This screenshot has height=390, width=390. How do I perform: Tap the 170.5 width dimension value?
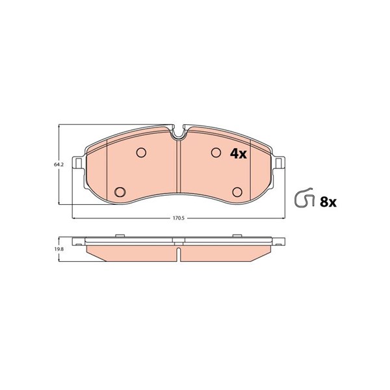[x=178, y=218]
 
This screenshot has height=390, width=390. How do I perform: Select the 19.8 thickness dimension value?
[x=57, y=249]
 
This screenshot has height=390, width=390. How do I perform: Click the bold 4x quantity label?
[x=238, y=153]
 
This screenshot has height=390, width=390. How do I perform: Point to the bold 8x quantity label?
[x=328, y=202]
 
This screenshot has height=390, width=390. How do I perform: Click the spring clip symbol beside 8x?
[x=304, y=198]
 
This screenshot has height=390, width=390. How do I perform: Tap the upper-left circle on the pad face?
[x=141, y=153]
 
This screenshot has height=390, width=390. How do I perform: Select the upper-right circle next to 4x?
[x=216, y=153]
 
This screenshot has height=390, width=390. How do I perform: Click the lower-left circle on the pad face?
[x=120, y=192]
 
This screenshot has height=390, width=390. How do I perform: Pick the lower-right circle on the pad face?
[x=237, y=192]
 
